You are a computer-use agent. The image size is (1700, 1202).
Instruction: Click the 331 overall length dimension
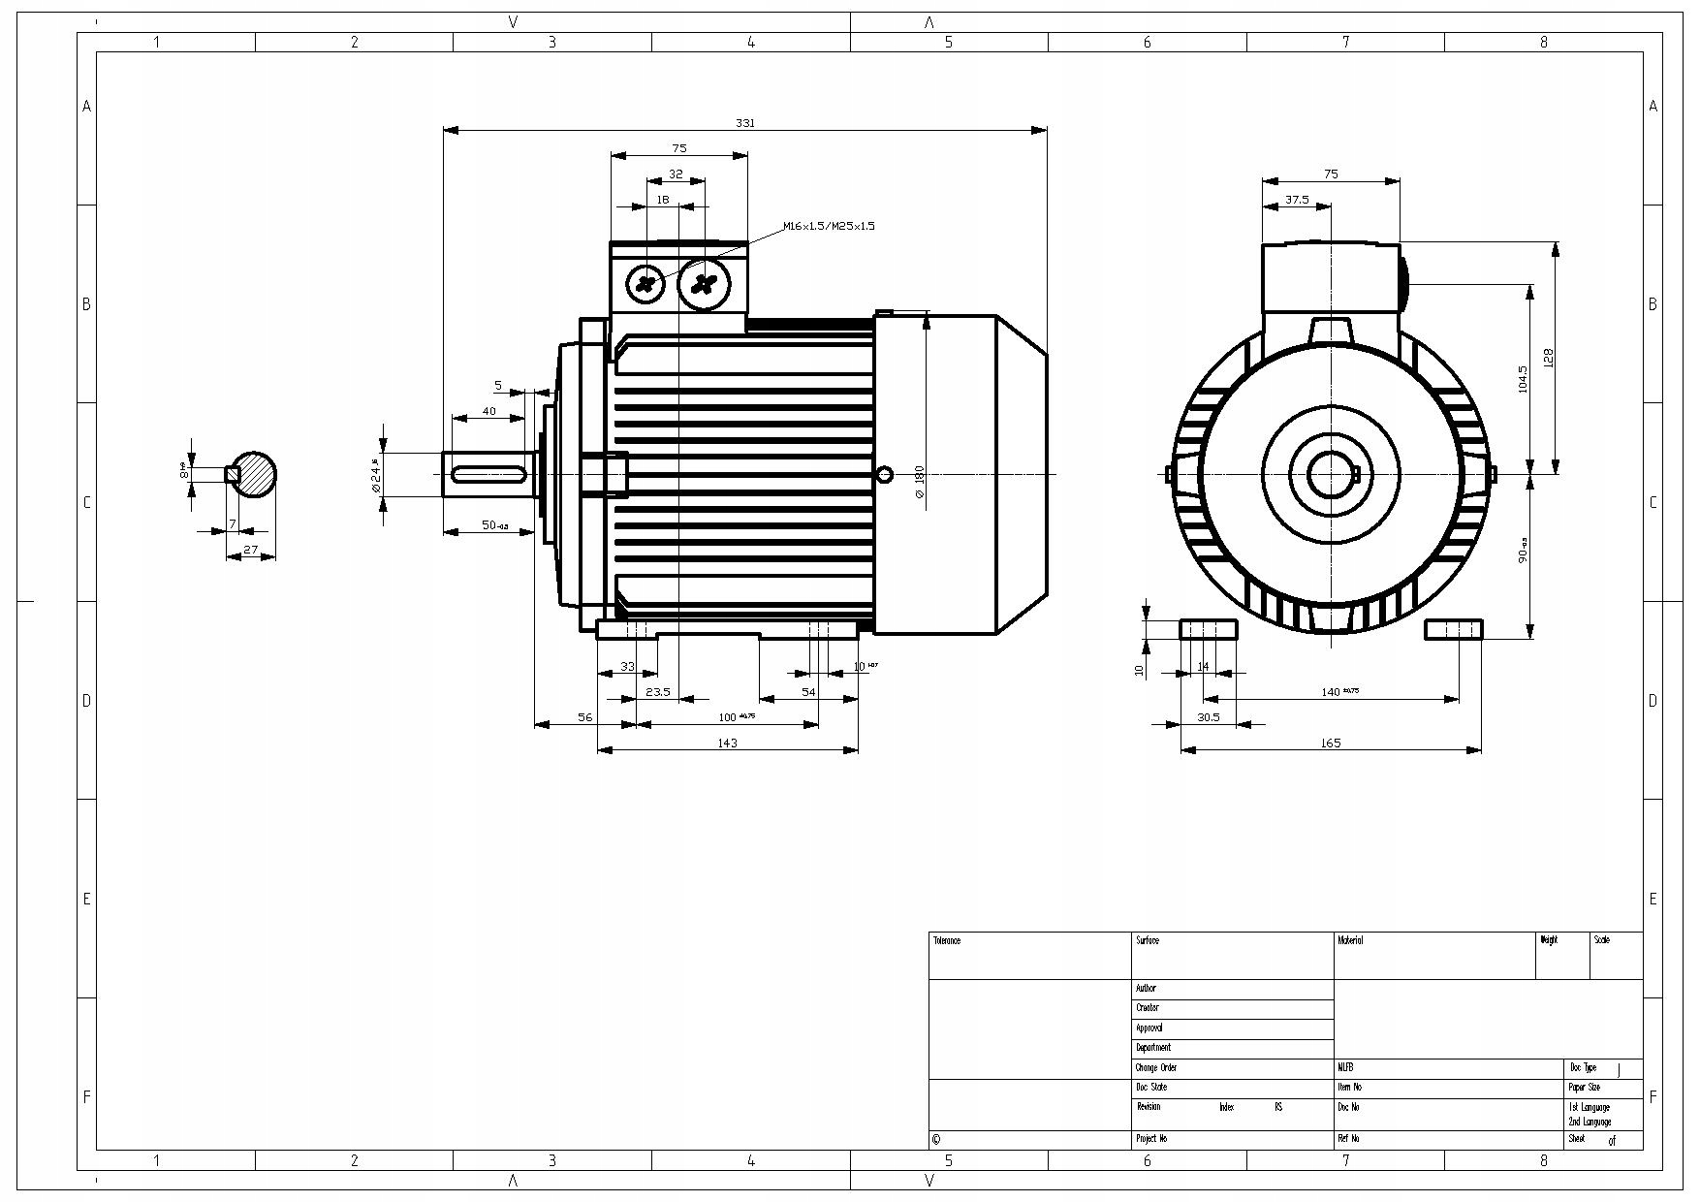(744, 123)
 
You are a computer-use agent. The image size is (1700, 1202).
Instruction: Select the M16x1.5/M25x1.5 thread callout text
(829, 226)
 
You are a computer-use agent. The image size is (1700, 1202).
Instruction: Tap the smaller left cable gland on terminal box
(645, 283)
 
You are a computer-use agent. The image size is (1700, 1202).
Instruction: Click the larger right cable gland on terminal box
(704, 284)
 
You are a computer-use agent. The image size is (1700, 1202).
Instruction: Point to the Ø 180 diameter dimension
(920, 481)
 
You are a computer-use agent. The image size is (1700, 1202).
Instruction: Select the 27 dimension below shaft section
(251, 550)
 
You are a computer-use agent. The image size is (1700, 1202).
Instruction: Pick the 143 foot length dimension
(727, 743)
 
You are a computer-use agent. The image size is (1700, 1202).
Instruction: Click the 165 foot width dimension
(1330, 743)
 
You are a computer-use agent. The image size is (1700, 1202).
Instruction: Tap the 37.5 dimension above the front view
(1296, 200)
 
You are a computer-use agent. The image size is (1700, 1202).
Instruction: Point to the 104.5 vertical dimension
(1523, 379)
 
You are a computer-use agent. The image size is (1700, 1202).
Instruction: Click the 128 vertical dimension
(1548, 358)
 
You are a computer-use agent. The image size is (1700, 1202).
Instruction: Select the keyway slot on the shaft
(490, 474)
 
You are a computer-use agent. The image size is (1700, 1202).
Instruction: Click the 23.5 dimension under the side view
(658, 692)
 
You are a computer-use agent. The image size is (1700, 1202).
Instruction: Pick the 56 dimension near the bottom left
(584, 717)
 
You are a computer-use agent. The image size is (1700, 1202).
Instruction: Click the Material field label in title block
(1350, 940)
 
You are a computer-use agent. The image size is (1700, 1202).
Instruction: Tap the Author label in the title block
(1146, 989)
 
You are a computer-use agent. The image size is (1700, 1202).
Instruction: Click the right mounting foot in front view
(1453, 630)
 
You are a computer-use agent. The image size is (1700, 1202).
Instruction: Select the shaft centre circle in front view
(1330, 474)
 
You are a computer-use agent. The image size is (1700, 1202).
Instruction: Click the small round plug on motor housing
(884, 474)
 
